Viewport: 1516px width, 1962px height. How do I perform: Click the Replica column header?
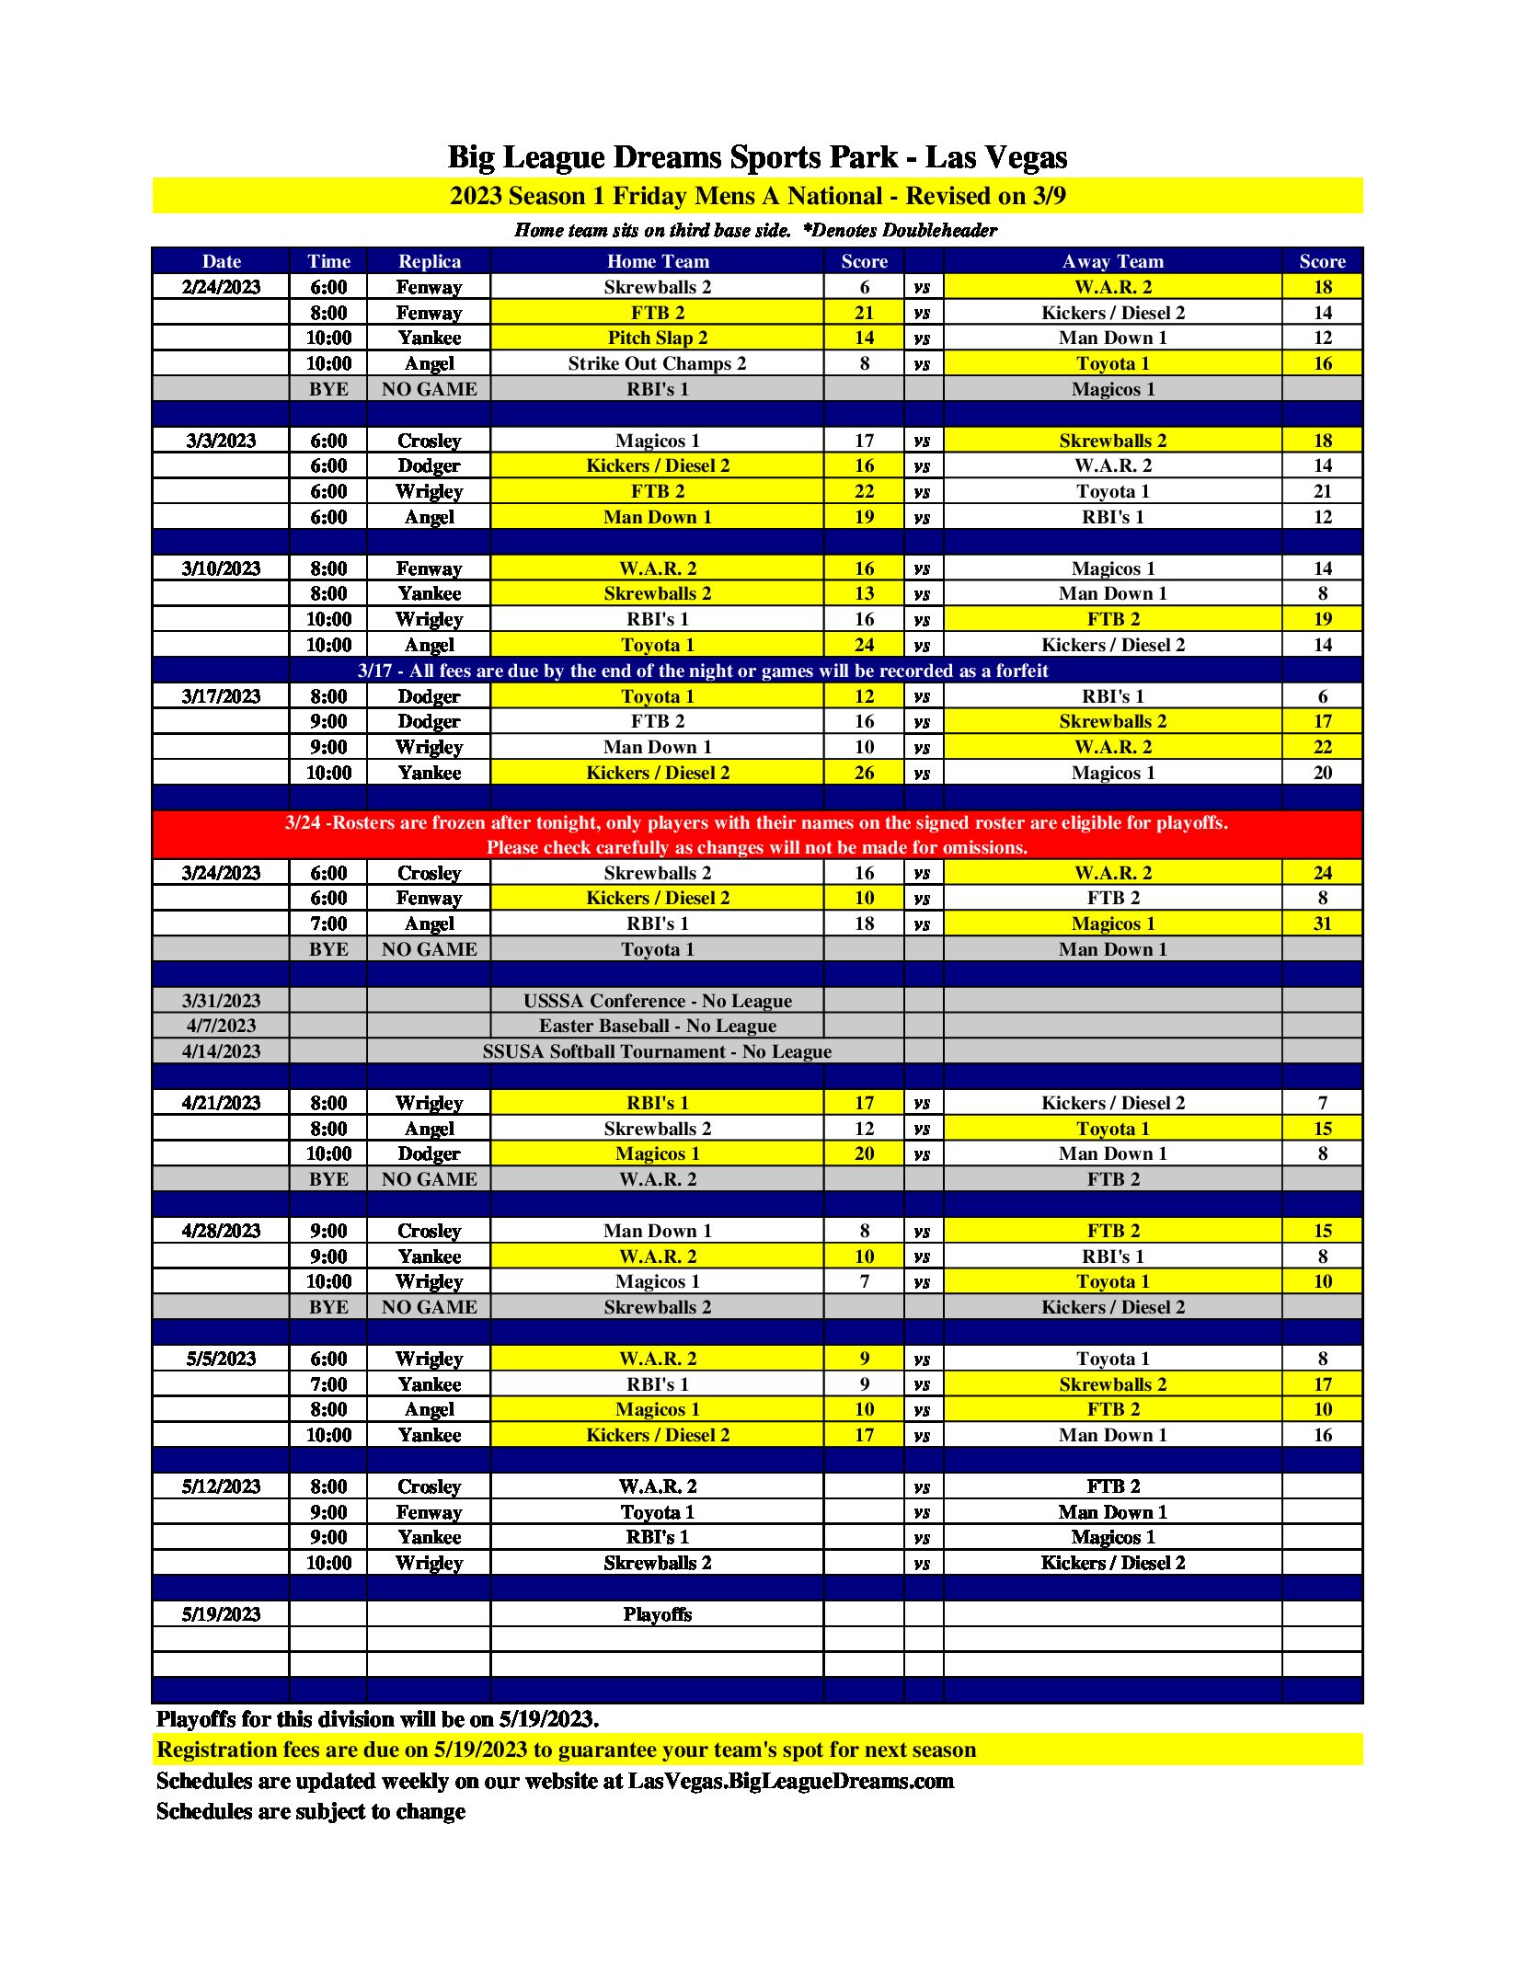click(x=429, y=261)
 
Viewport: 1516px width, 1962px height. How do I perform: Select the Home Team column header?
click(x=657, y=261)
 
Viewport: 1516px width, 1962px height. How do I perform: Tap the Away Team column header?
click(x=1112, y=261)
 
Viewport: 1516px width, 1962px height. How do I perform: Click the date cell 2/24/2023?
click(x=221, y=287)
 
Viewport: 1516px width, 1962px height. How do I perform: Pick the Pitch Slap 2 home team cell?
click(x=657, y=338)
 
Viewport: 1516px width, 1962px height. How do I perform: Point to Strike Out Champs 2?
click(x=657, y=363)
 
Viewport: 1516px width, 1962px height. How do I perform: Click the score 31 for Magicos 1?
click(x=1322, y=924)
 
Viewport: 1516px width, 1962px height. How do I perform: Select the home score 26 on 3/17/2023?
click(x=864, y=773)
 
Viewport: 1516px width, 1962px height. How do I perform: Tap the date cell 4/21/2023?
click(x=221, y=1103)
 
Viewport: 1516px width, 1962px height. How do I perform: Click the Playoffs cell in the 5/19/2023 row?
click(x=657, y=1614)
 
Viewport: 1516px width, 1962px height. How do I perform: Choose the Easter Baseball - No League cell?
click(x=657, y=1026)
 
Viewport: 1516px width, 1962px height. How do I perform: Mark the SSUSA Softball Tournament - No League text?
click(x=657, y=1051)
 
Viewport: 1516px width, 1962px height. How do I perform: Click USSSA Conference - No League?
click(x=657, y=1001)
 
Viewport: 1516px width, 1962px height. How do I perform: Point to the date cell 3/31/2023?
click(x=221, y=1001)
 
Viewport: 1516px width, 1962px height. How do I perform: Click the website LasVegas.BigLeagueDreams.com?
click(x=790, y=1781)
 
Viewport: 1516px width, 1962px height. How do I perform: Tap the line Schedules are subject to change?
click(x=311, y=1811)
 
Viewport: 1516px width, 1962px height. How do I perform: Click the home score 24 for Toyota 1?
click(x=864, y=645)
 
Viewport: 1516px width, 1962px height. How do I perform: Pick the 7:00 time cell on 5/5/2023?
click(x=328, y=1384)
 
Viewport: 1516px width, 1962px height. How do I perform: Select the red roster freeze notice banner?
click(x=757, y=834)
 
